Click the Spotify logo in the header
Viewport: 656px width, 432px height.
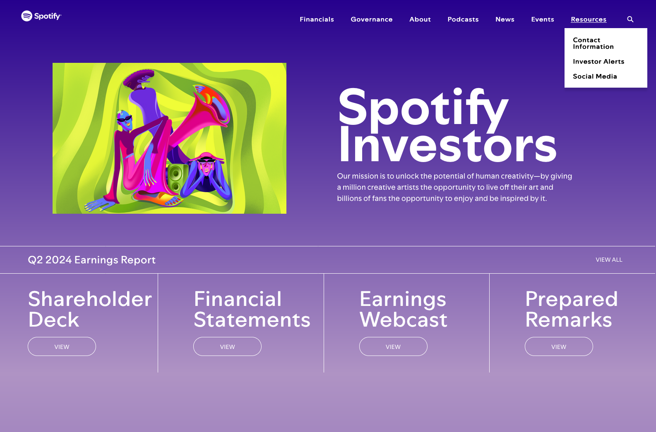tap(41, 16)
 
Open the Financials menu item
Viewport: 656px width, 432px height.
tap(317, 19)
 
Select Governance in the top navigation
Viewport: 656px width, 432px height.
tap(371, 19)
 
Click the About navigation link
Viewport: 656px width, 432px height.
tap(420, 19)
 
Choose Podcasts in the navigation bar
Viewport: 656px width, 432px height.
tap(463, 19)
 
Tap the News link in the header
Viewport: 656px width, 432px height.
tap(505, 19)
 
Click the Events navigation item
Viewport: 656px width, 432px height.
tap(543, 19)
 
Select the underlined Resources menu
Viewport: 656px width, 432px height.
tap(589, 19)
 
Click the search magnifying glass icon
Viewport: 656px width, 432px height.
tap(630, 19)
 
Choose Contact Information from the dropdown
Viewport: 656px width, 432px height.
tap(593, 43)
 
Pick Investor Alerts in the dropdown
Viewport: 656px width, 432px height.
tap(598, 62)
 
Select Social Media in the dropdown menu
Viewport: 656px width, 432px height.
tap(595, 76)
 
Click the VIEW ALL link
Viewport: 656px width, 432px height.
tap(609, 260)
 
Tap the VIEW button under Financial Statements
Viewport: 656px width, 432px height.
tap(227, 346)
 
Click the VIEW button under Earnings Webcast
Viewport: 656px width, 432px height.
tap(393, 346)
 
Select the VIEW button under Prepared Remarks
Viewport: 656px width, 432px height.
tap(559, 346)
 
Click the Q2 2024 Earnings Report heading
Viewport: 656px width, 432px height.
tap(91, 260)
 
